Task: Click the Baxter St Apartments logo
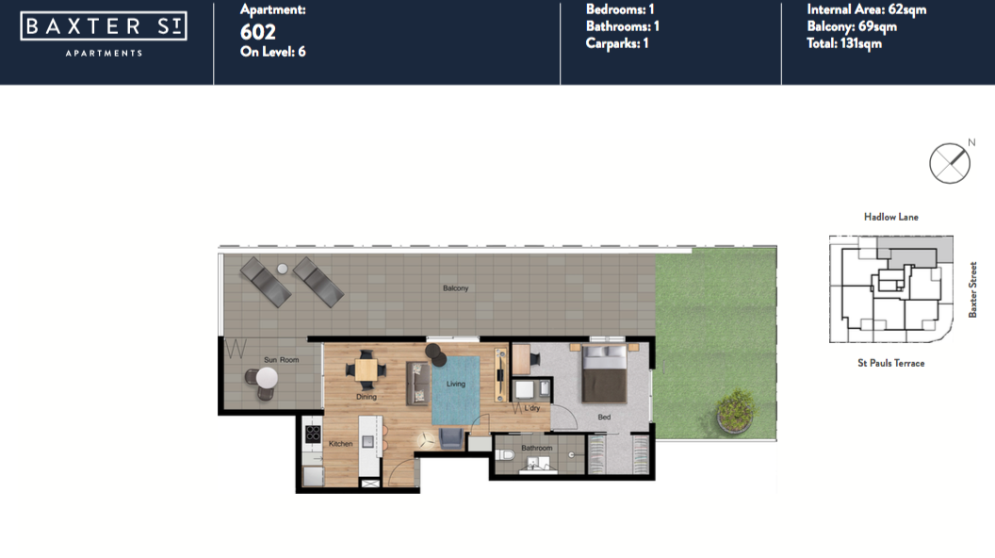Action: [x=104, y=34]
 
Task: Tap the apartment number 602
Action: [x=257, y=32]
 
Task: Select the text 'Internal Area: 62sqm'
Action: [x=866, y=9]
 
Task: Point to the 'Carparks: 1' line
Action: [x=617, y=43]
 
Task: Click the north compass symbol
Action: [x=950, y=163]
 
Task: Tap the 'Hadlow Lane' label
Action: [x=891, y=217]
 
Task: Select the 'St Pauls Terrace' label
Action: [x=891, y=363]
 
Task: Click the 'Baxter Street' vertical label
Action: [x=972, y=289]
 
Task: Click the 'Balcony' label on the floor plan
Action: [x=456, y=288]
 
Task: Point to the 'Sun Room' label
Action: [x=281, y=360]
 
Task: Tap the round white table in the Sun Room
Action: [x=267, y=378]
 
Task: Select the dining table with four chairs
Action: [x=367, y=369]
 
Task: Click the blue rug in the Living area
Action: [x=456, y=390]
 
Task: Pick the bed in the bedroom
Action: [x=605, y=374]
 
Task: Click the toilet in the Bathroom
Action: [x=504, y=454]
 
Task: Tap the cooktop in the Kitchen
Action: [x=313, y=434]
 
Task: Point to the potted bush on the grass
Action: [x=736, y=411]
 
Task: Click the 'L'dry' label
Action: [x=531, y=408]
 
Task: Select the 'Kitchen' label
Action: [x=341, y=444]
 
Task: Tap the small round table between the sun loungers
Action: [x=283, y=269]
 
